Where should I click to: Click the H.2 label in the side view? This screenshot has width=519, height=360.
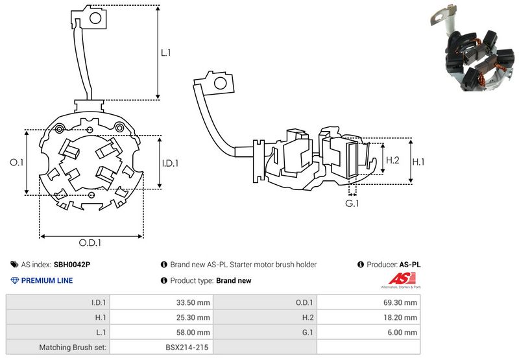[x=392, y=160]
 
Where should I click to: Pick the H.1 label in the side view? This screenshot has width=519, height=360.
[x=420, y=160]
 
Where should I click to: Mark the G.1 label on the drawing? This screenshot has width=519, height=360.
[x=352, y=204]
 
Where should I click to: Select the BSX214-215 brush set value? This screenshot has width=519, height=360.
[x=187, y=348]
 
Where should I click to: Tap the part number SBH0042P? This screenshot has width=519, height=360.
[x=72, y=265]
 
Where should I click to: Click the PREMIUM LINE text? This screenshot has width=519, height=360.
[x=47, y=281]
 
